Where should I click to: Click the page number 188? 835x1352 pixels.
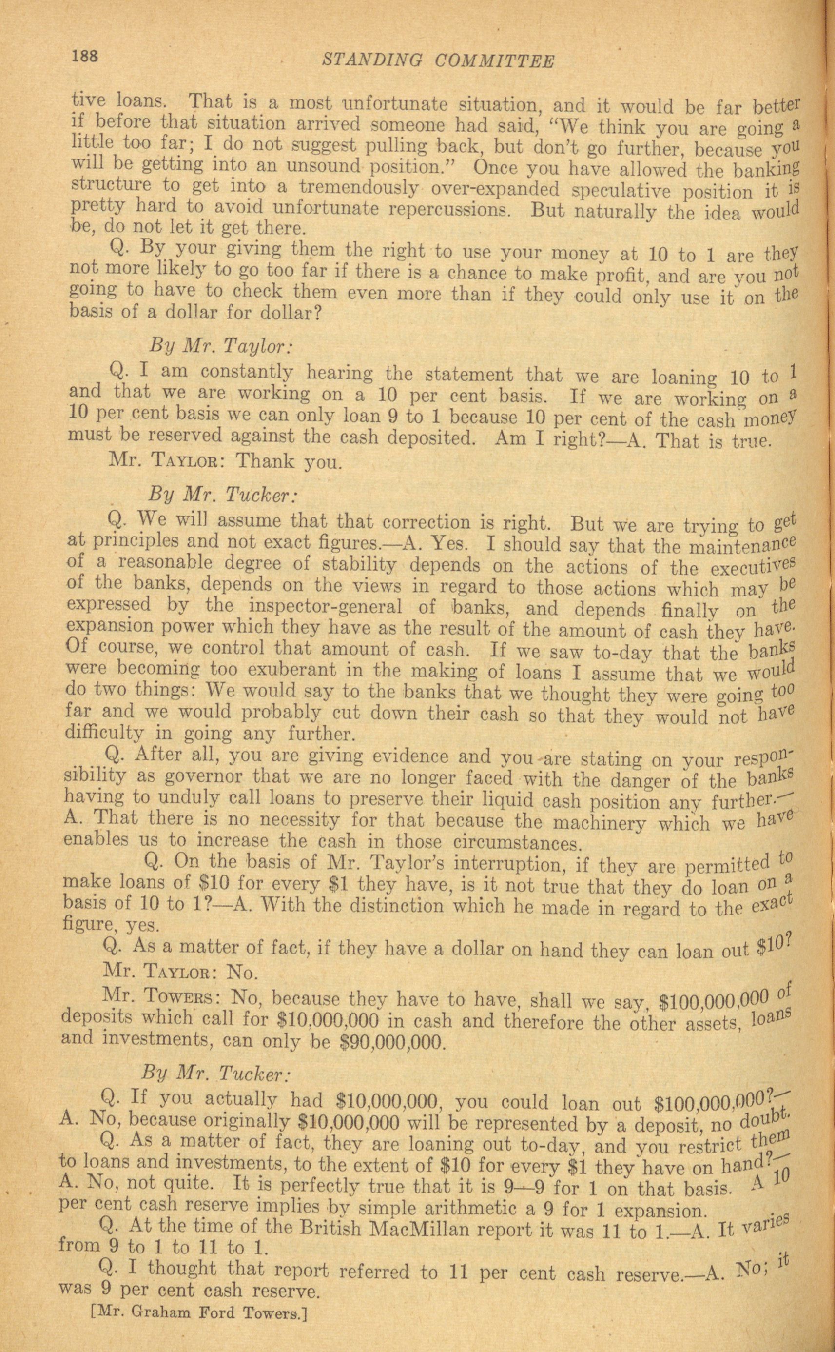(84, 57)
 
